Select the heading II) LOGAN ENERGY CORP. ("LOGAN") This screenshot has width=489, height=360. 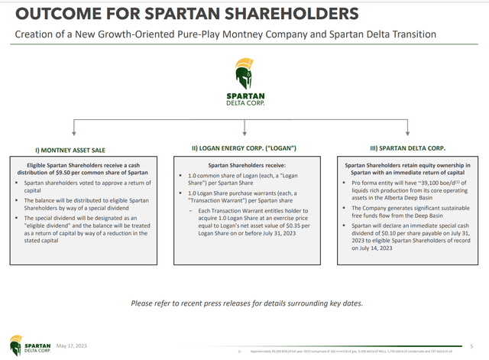(x=244, y=148)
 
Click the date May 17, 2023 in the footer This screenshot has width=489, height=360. (x=72, y=343)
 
